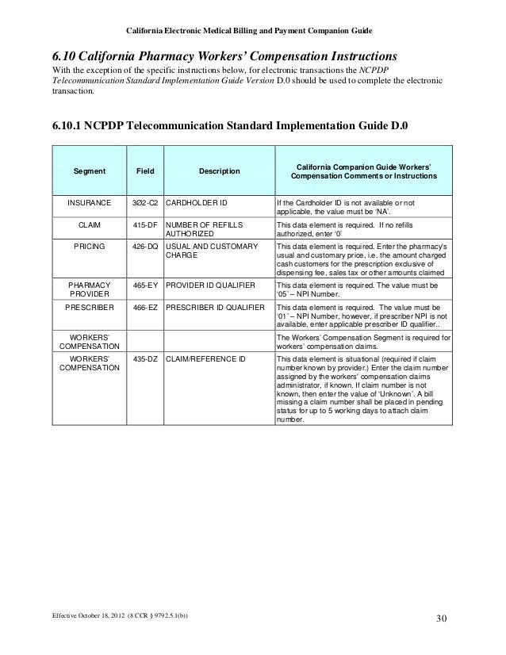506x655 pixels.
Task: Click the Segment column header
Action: pos(89,170)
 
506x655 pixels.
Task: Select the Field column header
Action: pos(145,170)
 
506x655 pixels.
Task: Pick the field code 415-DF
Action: pos(145,224)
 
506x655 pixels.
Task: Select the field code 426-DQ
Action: pos(145,247)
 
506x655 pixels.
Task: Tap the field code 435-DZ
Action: pos(145,358)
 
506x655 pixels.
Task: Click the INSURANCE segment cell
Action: pos(89,203)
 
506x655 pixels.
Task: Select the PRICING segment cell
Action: pos(89,247)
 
